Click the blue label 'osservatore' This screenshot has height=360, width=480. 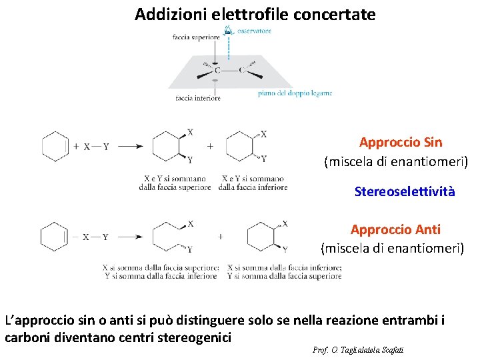253,31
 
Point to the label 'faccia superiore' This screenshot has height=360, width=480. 196,37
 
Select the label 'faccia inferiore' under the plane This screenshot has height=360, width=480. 198,98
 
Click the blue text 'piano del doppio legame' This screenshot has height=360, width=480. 295,93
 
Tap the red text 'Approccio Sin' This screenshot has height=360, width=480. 400,142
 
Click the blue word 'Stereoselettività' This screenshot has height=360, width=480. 405,192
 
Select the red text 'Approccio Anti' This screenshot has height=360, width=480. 395,229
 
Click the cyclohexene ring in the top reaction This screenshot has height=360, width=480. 55,146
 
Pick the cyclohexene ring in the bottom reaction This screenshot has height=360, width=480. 55,237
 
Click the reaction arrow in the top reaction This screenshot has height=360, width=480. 130,147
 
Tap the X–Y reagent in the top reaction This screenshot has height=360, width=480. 97,147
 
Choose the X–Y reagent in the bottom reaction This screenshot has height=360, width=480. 97,237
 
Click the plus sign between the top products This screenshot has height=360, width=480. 211,146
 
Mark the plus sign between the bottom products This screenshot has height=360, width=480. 220,236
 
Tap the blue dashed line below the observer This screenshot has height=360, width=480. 229,47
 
